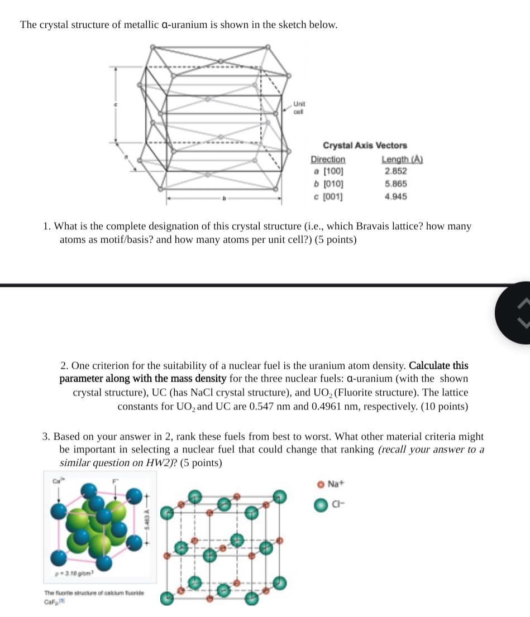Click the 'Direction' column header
pyautogui.click(x=328, y=160)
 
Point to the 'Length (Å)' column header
pyautogui.click(x=401, y=160)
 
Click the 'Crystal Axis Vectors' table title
pyautogui.click(x=365, y=145)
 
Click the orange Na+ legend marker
pyautogui.click(x=321, y=484)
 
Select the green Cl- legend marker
pyautogui.click(x=320, y=504)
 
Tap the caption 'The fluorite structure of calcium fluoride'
pyautogui.click(x=94, y=592)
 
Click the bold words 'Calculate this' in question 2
pyautogui.click(x=439, y=366)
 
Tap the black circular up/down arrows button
pyautogui.click(x=517, y=313)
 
